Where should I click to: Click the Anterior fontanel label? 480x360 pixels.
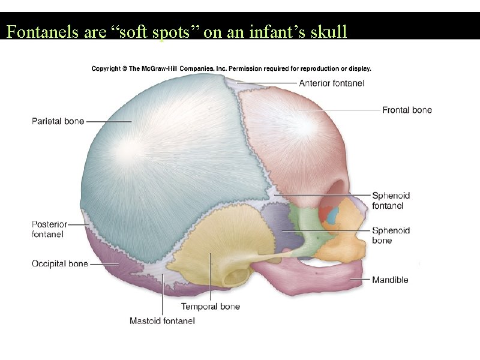331,83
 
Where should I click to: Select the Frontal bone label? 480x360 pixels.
407,110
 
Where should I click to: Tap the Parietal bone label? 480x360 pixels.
58,121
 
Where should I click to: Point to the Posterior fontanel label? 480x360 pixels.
49,229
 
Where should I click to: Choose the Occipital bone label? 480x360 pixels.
60,263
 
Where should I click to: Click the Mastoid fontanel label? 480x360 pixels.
162,321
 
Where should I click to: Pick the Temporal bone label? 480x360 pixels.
211,307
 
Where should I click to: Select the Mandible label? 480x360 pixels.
390,280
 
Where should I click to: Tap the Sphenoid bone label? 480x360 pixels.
391,235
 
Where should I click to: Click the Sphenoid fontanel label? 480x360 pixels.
391,200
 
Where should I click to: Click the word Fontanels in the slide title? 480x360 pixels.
42,31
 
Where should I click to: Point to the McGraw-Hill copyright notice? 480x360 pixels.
231,68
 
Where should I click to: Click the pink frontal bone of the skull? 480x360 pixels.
294,138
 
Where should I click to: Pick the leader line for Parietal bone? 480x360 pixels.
109,121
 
